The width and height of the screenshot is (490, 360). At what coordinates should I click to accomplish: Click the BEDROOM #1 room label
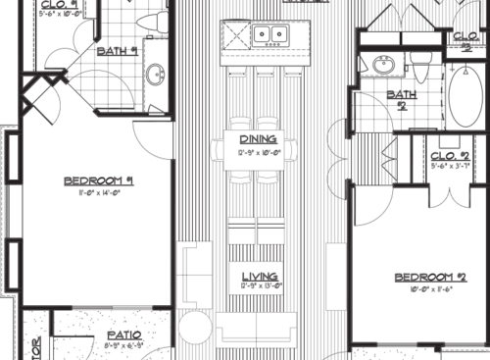pos(98,180)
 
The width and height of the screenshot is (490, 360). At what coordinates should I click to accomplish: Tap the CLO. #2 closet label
pos(452,156)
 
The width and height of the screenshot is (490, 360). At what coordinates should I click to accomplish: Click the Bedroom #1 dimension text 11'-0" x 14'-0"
pos(98,193)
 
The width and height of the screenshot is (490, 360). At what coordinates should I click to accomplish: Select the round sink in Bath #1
pos(157,74)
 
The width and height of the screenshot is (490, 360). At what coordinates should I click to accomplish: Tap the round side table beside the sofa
pos(196,329)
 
